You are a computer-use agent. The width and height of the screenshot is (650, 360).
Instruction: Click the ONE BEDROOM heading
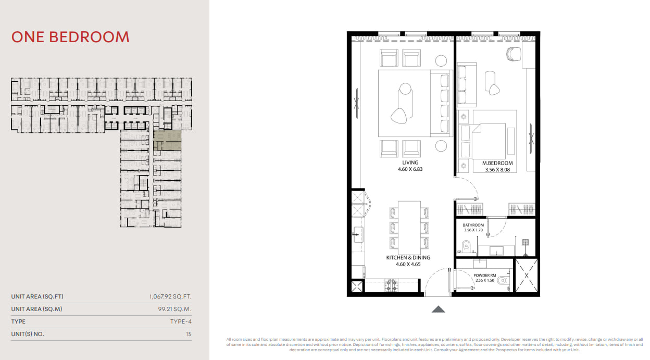(x=70, y=37)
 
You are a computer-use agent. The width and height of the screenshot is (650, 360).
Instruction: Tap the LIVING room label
(x=410, y=163)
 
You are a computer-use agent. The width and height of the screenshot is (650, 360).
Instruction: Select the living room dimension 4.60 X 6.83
(x=410, y=169)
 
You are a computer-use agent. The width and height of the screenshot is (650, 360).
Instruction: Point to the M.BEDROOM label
(x=497, y=163)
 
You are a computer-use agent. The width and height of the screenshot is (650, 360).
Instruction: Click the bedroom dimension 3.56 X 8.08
(x=497, y=170)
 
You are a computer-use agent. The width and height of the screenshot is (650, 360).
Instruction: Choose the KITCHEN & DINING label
(x=408, y=257)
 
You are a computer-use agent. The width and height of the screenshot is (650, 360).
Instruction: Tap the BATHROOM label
(x=473, y=225)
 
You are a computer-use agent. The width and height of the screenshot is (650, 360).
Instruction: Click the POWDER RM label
(x=484, y=276)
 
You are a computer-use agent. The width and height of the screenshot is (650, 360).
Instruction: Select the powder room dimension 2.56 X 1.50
(x=484, y=280)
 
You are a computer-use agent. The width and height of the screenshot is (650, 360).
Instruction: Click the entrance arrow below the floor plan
(x=438, y=309)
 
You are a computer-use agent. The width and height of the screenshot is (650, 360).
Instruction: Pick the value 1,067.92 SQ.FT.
(x=170, y=296)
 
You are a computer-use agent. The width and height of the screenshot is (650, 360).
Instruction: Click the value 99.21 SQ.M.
(x=174, y=309)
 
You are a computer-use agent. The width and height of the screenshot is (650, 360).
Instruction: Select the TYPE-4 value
(x=181, y=321)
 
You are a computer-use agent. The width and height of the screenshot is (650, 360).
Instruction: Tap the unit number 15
(x=189, y=334)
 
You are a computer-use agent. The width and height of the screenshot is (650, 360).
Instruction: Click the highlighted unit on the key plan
(x=167, y=140)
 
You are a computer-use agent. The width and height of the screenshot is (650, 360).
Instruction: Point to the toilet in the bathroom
(x=466, y=247)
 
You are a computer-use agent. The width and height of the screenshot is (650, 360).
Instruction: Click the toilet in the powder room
(x=502, y=280)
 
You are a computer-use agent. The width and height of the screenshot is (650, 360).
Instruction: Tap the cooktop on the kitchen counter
(x=391, y=285)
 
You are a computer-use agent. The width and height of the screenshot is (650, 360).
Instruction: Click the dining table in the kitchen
(x=409, y=228)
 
